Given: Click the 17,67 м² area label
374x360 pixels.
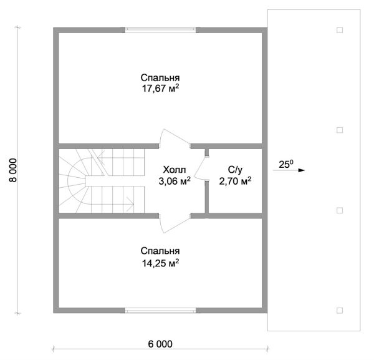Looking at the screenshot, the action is pos(160,89).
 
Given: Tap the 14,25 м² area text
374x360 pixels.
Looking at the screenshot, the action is pos(160,263).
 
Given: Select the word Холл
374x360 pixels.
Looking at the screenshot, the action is pos(175,170).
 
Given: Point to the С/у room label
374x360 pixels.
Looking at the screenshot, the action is pos(235,170).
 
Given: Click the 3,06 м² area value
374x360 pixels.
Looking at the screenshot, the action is pos(175,181).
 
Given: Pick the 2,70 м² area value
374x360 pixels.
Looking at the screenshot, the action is pos(235,181).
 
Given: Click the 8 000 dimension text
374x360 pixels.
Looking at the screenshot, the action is pos(13,170).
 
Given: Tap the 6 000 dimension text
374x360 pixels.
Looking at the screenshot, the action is pos(160,344).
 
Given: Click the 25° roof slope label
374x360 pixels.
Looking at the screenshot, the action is pos(286,164).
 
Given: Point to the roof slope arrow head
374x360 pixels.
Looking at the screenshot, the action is pos(302,170).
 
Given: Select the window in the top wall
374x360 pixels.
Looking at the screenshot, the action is pos(160,30).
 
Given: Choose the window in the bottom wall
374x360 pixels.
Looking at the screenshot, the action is pos(160,310).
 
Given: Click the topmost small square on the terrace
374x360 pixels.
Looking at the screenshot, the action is pos(340,30).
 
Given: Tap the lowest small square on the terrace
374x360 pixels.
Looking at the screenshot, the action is pos(340,310).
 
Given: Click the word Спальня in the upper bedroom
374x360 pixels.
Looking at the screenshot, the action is pos(160,78).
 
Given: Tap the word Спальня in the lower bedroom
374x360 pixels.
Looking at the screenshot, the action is pos(160,251).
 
